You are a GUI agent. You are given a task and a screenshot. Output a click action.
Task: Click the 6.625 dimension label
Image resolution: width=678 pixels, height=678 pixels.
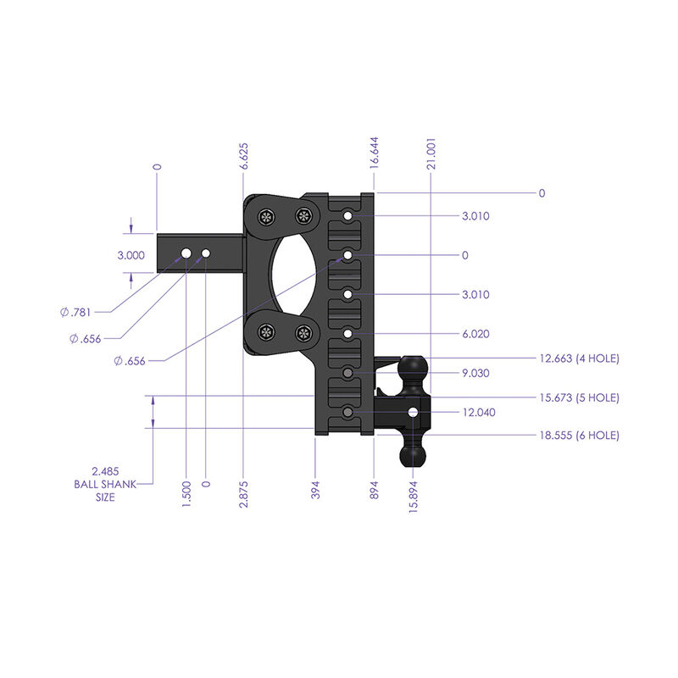coord(243,158)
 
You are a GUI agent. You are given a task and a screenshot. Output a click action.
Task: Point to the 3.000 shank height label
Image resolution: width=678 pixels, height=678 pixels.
coord(131,255)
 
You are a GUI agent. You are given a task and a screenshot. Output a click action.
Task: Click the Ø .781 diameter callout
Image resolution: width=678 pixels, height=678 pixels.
coord(76,313)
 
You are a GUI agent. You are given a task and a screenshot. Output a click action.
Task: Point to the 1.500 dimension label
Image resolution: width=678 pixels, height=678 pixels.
coord(186,492)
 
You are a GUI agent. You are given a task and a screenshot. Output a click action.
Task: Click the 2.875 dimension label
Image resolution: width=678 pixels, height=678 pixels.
coord(243,492)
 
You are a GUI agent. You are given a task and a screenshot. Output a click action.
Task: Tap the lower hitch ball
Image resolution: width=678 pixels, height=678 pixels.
coord(413,456)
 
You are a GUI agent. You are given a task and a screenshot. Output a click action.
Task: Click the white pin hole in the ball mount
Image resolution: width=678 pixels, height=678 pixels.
coord(413,412)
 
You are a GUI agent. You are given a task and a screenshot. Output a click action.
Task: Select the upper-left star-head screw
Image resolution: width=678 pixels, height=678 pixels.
coord(267,216)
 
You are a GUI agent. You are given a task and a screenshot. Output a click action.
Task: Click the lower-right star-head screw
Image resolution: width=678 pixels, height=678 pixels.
coord(303,333)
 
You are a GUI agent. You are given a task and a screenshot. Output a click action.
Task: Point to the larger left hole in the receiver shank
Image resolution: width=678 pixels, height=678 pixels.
coord(186,253)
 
